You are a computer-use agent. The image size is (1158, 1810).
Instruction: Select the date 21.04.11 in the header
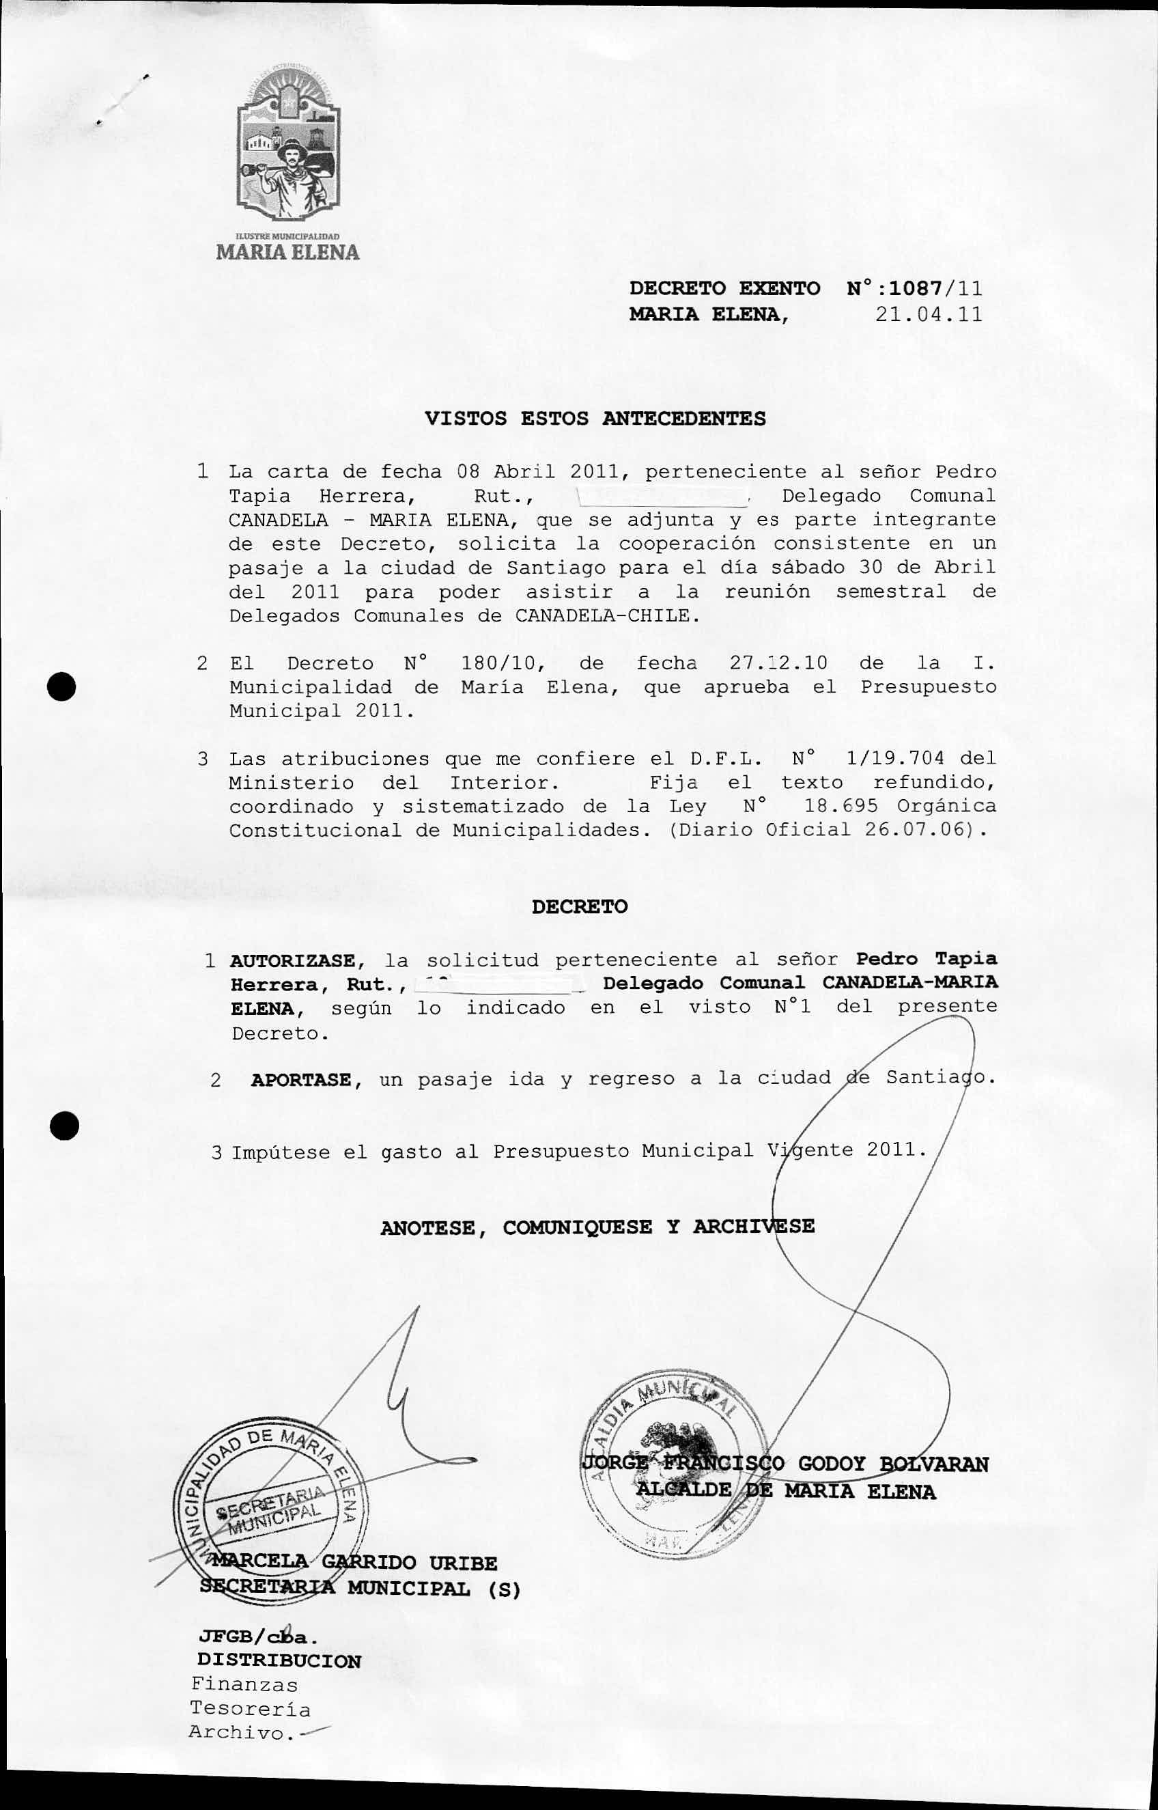coord(929,314)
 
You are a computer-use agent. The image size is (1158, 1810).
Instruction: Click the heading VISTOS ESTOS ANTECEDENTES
coord(595,418)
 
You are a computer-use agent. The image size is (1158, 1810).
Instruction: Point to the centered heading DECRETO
coord(579,906)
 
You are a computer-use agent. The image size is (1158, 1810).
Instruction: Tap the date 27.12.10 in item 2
coord(778,663)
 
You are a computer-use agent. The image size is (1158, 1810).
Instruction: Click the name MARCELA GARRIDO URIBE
coord(354,1564)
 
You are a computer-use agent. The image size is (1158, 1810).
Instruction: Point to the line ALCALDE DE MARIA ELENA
coord(785,1492)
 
